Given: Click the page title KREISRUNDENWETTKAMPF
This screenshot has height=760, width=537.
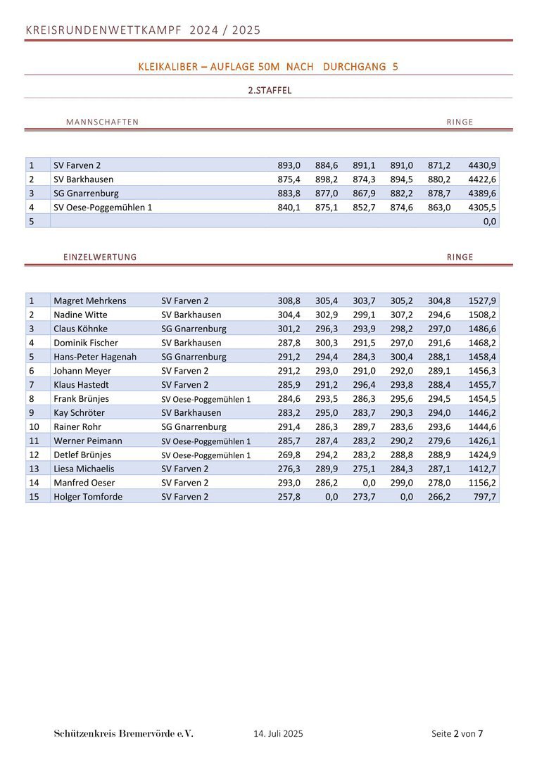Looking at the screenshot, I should coord(103,30).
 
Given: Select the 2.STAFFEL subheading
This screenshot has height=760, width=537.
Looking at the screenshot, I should coord(270,90).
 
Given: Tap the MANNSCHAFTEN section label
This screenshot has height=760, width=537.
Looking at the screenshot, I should coord(102,122).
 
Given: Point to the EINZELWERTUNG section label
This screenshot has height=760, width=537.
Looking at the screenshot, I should coord(100,257).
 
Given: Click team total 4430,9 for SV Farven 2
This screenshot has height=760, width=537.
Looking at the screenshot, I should coord(482,165).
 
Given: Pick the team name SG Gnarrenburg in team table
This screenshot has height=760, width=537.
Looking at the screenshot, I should coord(86,194).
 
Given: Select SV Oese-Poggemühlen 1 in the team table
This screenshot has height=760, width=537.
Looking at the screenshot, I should coord(103,208).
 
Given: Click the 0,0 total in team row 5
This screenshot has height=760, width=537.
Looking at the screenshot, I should coord(490,222).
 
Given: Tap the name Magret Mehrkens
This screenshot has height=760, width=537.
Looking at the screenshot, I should coord(90,300).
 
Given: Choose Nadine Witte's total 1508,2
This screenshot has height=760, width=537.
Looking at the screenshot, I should coord(482,315).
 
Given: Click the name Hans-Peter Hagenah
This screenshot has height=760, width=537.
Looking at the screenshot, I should coord(95,357).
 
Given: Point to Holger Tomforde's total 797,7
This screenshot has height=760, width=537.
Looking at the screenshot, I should coord(485,497).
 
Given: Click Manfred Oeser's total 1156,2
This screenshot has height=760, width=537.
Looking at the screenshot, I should coord(482,483).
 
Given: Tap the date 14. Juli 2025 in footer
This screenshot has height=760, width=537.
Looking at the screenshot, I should coord(278,734).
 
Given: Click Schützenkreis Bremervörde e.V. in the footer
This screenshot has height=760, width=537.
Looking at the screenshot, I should coord(123,734).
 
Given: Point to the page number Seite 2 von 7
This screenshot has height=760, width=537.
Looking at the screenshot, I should coord(457,734).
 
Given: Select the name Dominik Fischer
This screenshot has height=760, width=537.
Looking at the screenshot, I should coord(86,343).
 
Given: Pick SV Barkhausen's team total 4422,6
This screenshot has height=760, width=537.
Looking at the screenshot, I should coord(482,179).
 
